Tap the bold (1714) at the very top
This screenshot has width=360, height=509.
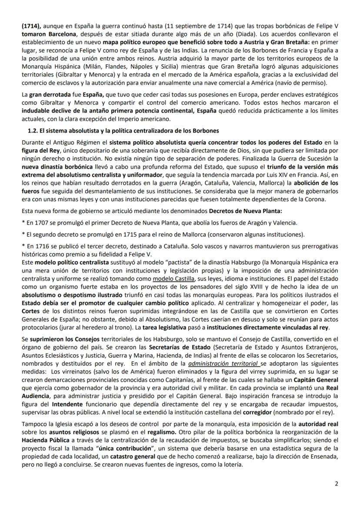coord(30,26)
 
